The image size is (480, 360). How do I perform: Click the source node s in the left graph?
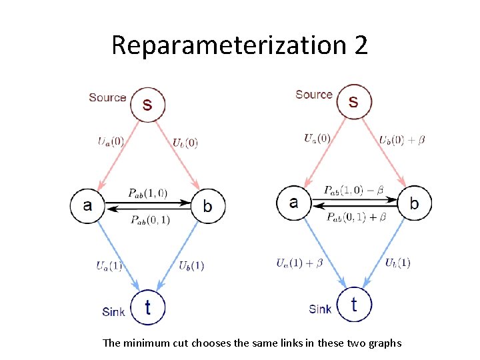point(147,105)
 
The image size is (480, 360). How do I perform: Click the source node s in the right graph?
point(353,102)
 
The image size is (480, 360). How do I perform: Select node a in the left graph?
point(87,205)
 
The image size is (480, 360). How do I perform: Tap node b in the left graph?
point(208,205)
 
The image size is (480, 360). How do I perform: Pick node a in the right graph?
point(294,202)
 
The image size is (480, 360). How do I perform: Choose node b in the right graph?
point(414,203)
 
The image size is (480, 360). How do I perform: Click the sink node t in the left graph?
point(147,307)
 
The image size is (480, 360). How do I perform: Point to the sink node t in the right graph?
point(354,304)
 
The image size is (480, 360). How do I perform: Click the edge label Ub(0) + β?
point(402,140)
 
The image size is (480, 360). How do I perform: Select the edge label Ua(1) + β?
point(299,263)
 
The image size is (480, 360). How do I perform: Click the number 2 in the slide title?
point(357,45)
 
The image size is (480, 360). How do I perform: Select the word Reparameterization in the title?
point(225,45)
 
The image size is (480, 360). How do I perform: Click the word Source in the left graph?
point(107,97)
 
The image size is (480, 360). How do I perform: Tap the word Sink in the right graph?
point(320,309)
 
